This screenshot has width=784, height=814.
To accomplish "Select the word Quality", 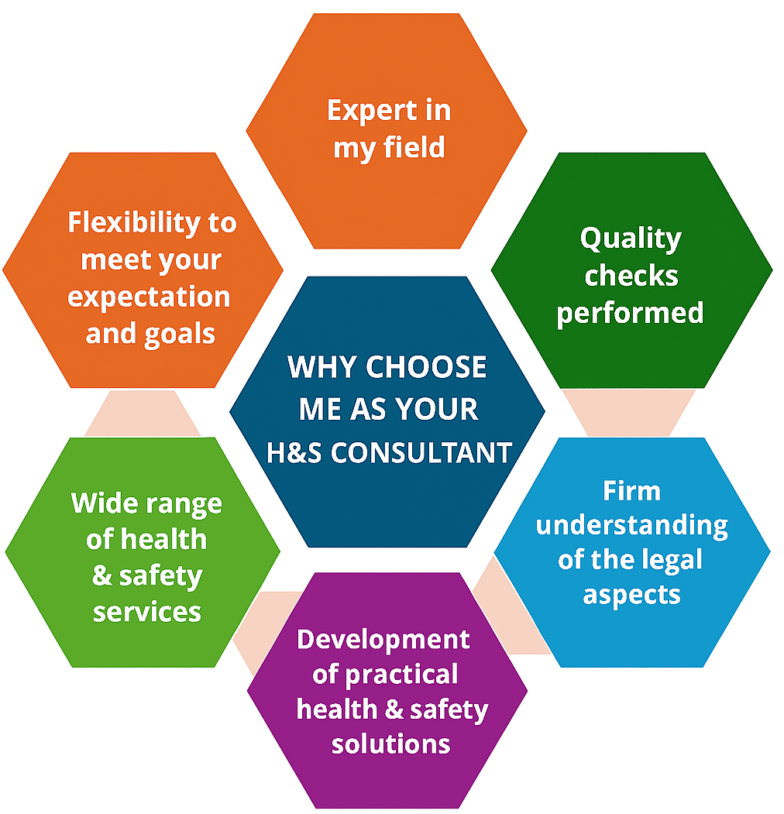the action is pyautogui.click(x=631, y=239).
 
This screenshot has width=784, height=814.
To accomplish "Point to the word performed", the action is pyautogui.click(x=631, y=313).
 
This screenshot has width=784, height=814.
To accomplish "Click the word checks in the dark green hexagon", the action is pyautogui.click(x=631, y=276).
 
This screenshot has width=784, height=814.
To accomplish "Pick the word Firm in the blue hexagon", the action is pyautogui.click(x=631, y=490).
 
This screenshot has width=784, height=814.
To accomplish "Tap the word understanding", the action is pyautogui.click(x=631, y=527).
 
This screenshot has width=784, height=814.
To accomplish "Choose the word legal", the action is pyautogui.click(x=661, y=559).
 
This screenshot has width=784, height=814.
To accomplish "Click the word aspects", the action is pyautogui.click(x=631, y=595).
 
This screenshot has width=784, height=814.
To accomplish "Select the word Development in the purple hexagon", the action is pyautogui.click(x=383, y=640).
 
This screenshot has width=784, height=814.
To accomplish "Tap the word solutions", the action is pyautogui.click(x=390, y=744).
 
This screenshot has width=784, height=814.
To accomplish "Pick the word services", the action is pyautogui.click(x=147, y=612).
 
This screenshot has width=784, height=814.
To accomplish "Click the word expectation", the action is pyautogui.click(x=149, y=297).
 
